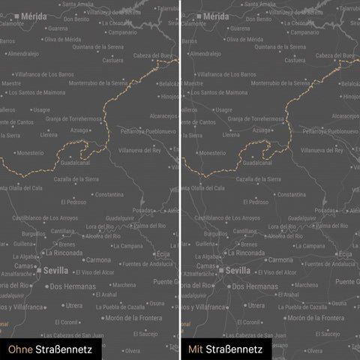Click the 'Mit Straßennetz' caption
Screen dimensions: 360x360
[x=225, y=349]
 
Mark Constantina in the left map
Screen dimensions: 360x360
[x=109, y=194]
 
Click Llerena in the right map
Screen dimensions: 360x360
[x=229, y=136]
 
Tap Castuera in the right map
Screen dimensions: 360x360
[x=294, y=61]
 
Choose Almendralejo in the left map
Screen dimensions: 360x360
[x=23, y=54]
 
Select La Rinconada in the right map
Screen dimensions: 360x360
[x=250, y=253]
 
